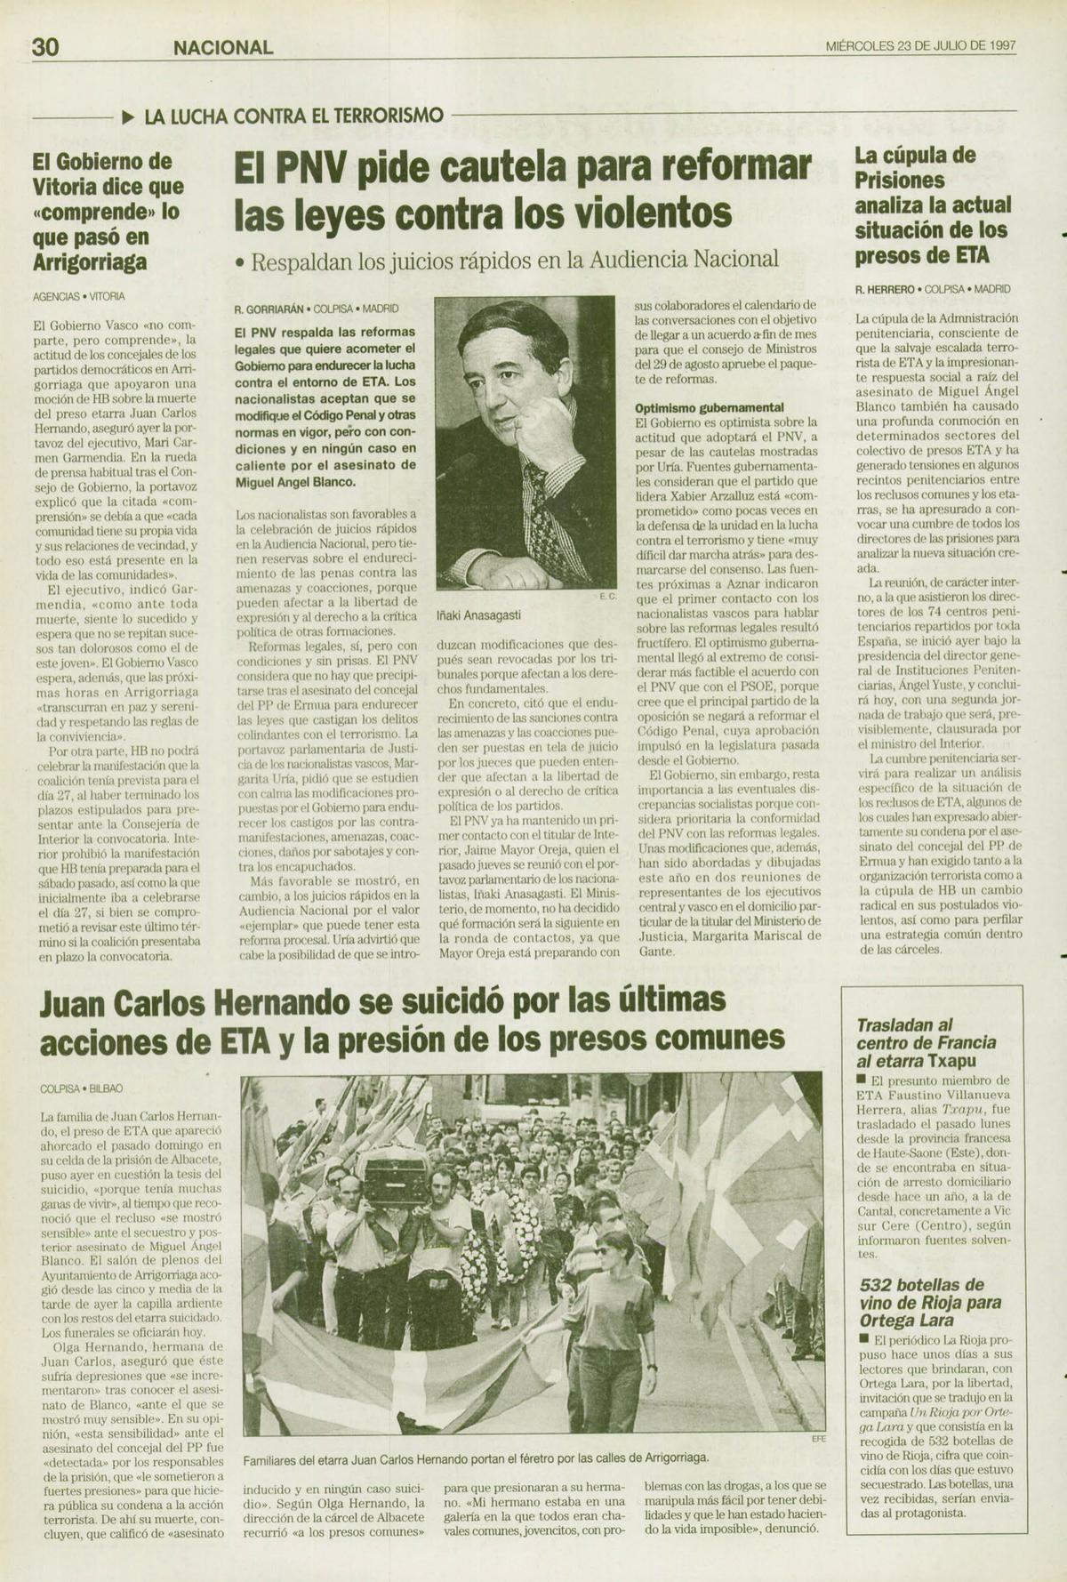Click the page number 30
pyautogui.click(x=45, y=46)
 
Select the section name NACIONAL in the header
pyautogui.click(x=223, y=47)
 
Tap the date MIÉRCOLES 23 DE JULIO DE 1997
pyautogui.click(x=920, y=46)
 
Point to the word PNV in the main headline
pyautogui.click(x=309, y=168)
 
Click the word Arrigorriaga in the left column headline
pyautogui.click(x=90, y=263)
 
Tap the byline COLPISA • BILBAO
pyautogui.click(x=82, y=1088)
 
